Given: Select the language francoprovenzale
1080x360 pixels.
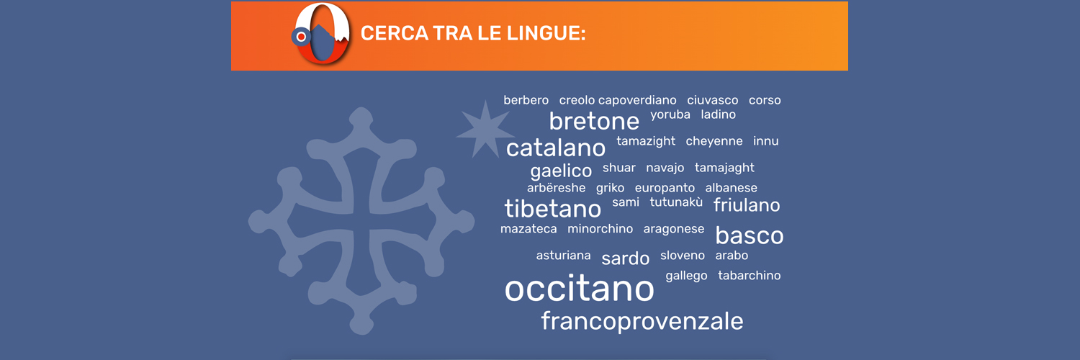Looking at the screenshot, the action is (642, 321).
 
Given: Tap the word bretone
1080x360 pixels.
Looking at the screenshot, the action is (594, 121).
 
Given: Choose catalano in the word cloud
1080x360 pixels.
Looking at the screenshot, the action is (555, 148).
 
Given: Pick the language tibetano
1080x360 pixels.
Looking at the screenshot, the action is (552, 209).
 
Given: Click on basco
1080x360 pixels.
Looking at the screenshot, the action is (750, 235).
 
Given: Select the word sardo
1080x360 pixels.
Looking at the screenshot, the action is (626, 258).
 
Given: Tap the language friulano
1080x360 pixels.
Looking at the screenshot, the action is (747, 204).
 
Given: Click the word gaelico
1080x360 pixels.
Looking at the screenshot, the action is (561, 171).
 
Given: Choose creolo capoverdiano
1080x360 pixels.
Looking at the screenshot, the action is (618, 100).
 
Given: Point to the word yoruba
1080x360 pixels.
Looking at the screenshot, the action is (670, 115).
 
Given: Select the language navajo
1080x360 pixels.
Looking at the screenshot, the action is (665, 168).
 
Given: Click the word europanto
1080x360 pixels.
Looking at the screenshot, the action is (665, 188).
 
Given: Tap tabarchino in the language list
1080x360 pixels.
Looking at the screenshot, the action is (750, 275).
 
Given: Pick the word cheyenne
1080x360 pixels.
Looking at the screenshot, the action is (714, 142).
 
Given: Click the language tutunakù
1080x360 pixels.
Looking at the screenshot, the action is (676, 202).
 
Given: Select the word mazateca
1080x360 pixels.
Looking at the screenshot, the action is (528, 229).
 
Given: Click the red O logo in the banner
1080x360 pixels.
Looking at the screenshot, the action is (322, 34).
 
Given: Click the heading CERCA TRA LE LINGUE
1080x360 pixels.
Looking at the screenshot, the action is (473, 33).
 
